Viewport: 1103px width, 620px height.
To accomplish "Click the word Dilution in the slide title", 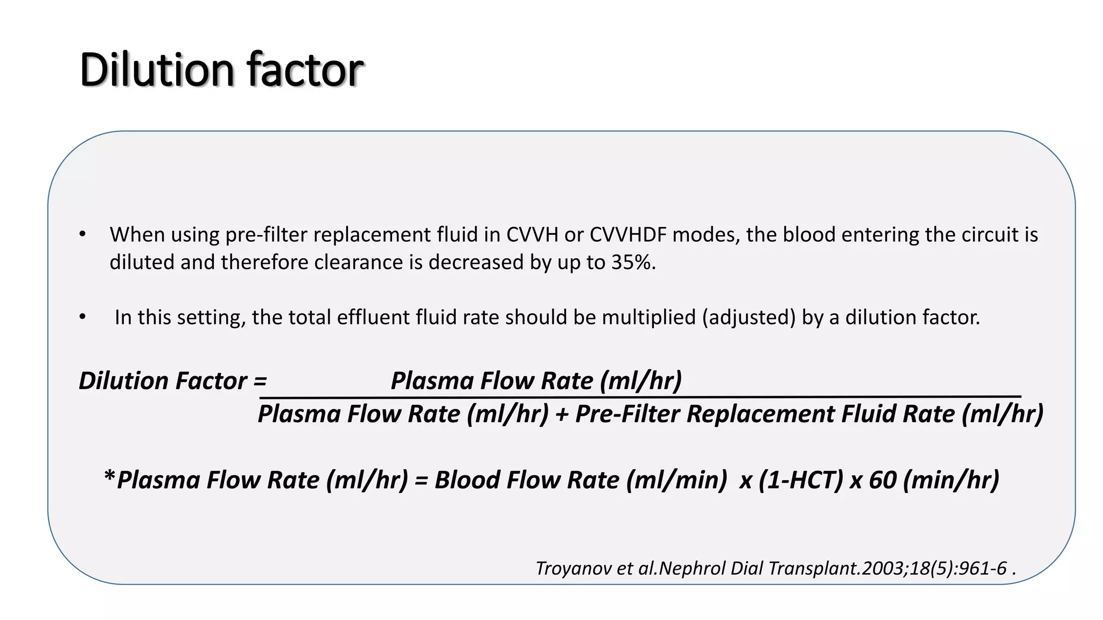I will coord(157,70).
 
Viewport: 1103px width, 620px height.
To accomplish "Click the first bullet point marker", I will coord(82,234).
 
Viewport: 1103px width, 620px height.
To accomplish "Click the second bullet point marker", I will coord(82,317).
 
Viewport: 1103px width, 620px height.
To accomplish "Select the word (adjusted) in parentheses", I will coord(749,317).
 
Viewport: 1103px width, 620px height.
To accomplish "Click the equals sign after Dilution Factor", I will coord(260,381).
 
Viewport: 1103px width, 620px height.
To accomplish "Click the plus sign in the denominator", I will coord(562,414).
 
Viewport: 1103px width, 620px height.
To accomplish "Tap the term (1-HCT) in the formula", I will coord(801,480).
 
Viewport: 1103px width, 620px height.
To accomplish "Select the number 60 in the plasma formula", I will coord(882,480).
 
